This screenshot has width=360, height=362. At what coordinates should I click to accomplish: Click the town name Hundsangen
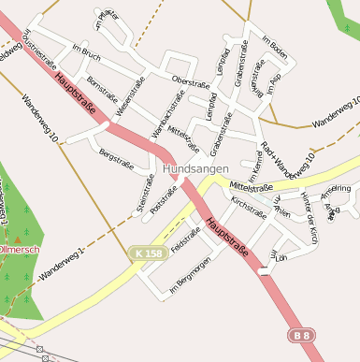click(x=194, y=169)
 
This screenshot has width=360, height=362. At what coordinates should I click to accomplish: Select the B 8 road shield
click(x=299, y=334)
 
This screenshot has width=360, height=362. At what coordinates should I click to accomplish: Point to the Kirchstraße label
click(x=249, y=205)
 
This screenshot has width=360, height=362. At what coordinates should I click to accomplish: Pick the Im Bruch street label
click(x=86, y=53)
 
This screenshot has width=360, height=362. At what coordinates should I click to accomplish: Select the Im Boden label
click(x=273, y=48)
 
